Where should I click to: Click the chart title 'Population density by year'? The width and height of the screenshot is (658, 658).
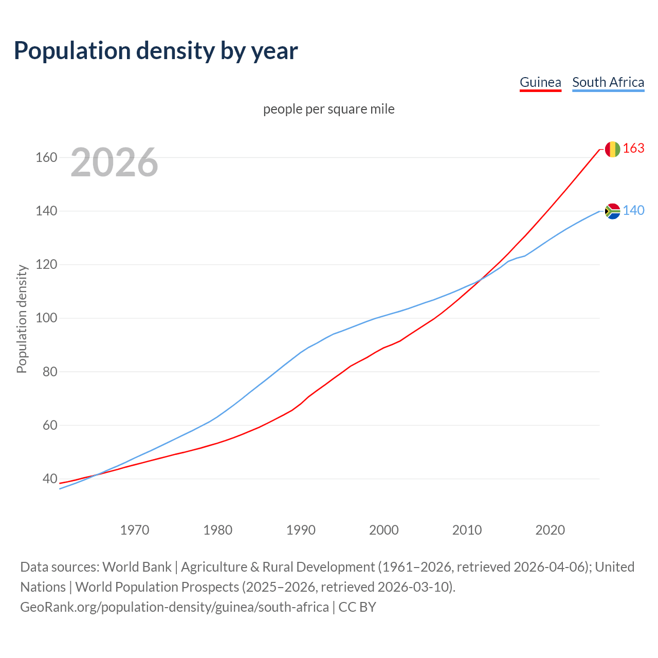click(156, 50)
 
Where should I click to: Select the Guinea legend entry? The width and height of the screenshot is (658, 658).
click(540, 82)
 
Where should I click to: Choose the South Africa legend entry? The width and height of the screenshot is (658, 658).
click(608, 82)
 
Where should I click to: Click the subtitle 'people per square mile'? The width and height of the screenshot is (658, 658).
click(329, 109)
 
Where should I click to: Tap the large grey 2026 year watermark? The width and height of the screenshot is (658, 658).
click(114, 162)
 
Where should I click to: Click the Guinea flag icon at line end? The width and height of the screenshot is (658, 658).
click(612, 149)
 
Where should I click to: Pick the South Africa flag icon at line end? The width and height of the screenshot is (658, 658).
click(612, 211)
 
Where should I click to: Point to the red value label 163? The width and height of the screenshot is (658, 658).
click(633, 149)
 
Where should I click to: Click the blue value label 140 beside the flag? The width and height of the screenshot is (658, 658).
click(633, 211)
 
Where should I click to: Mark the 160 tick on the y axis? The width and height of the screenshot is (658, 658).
click(46, 157)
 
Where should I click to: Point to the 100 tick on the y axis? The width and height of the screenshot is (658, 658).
click(46, 318)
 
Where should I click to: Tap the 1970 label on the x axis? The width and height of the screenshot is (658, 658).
click(135, 530)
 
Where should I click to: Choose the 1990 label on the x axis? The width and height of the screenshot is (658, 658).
click(301, 530)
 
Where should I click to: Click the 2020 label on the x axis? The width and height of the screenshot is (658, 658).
click(550, 530)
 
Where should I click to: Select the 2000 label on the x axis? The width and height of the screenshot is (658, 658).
click(384, 530)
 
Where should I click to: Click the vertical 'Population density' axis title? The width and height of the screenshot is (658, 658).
click(22, 319)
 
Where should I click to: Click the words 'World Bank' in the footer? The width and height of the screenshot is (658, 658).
click(137, 567)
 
